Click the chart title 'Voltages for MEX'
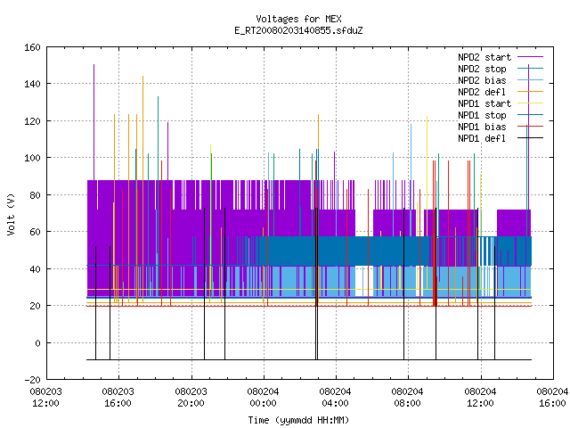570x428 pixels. point(298,19)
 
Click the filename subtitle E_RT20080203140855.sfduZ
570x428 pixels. point(298,30)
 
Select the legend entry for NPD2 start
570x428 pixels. point(501,57)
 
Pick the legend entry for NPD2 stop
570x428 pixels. point(501,69)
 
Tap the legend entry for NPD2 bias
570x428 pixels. point(501,80)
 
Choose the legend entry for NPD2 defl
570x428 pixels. point(501,92)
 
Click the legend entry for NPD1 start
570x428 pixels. point(501,103)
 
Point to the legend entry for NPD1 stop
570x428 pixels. point(501,115)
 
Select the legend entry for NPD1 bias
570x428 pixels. point(501,127)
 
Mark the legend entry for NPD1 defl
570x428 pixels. point(501,139)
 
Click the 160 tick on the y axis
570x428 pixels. point(32,47)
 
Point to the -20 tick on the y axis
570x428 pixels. point(32,380)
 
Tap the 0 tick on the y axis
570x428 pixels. point(37,342)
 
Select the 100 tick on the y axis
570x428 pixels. point(32,158)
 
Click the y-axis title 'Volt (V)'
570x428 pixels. point(11,214)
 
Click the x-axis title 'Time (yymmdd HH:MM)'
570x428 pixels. point(298,420)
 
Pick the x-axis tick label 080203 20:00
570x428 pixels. point(191,398)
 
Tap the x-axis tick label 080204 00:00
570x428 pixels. point(264,398)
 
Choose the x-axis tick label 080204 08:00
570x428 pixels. point(408,398)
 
